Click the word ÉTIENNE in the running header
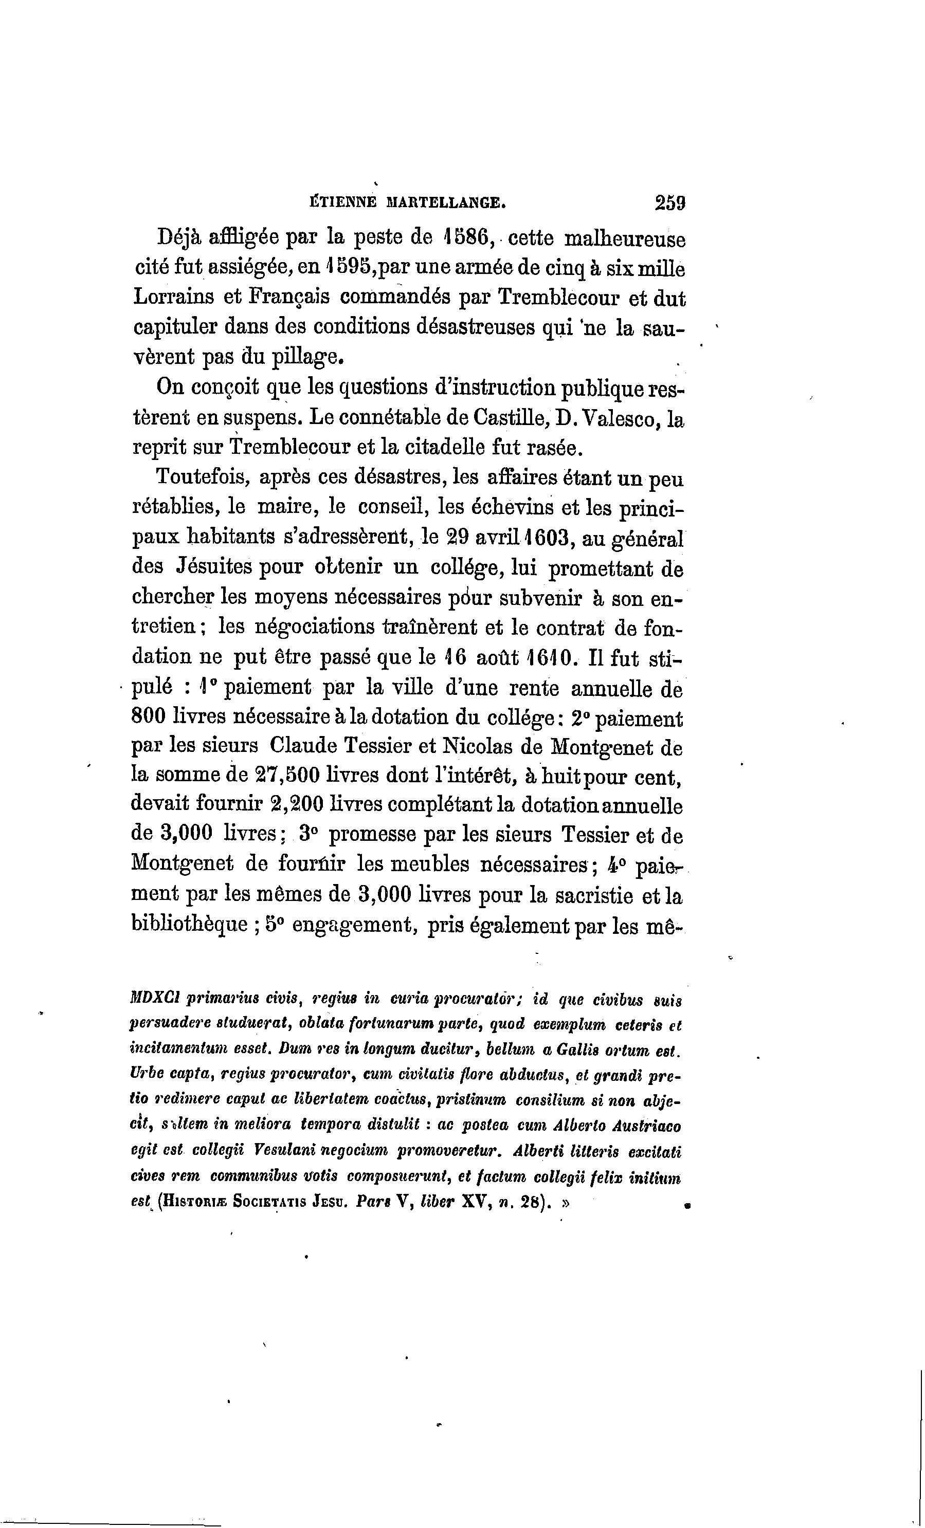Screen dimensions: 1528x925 (x=342, y=202)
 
